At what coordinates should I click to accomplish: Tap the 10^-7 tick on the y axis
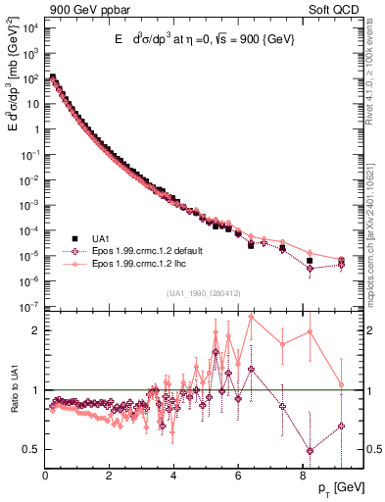point(29,308)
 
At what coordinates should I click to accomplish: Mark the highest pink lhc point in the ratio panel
point(252,317)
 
